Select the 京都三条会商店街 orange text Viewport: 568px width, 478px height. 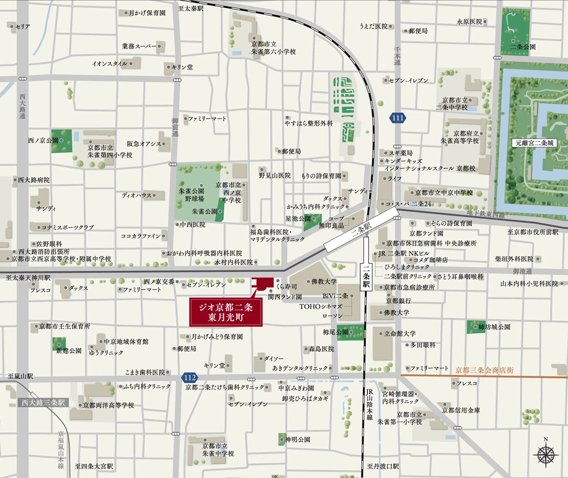(x=484, y=370)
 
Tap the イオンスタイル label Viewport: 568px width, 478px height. (x=110, y=64)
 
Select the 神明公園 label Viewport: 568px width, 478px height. (x=298, y=439)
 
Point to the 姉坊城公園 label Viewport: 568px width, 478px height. (x=494, y=327)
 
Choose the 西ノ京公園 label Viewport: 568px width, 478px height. (x=43, y=140)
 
